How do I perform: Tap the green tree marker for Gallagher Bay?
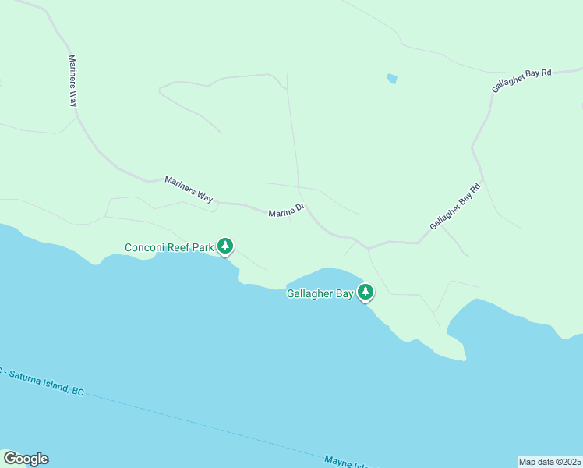365,292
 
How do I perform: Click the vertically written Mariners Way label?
73,80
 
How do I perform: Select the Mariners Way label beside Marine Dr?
189,190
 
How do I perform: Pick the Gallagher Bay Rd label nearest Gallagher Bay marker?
456,206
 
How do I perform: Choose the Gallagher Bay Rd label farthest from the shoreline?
521,81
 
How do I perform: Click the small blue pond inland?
392,78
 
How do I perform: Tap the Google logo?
26,459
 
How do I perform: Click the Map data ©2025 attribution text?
549,461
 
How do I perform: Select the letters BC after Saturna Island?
77,391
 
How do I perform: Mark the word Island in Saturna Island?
56,385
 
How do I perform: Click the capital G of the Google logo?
10,459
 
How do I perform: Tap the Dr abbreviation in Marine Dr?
299,208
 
